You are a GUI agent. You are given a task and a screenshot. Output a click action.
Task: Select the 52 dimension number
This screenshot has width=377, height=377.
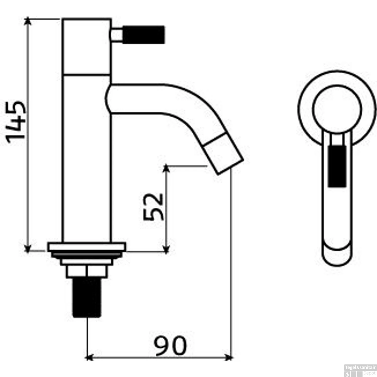tap(153, 207)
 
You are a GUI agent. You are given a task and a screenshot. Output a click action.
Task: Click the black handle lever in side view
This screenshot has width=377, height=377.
tap(143, 34)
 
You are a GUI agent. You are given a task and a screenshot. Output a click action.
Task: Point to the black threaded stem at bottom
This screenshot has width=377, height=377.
tap(87, 298)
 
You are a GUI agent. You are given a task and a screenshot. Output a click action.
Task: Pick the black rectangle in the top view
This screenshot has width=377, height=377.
tap(337, 166)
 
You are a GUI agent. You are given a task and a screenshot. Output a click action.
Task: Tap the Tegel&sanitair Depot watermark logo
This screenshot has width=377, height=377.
tap(360, 370)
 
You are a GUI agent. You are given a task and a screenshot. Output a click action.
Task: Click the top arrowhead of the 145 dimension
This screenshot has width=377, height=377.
tap(28, 21)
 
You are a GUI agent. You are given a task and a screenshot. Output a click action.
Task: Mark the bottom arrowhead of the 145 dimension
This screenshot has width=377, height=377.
tap(28, 248)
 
